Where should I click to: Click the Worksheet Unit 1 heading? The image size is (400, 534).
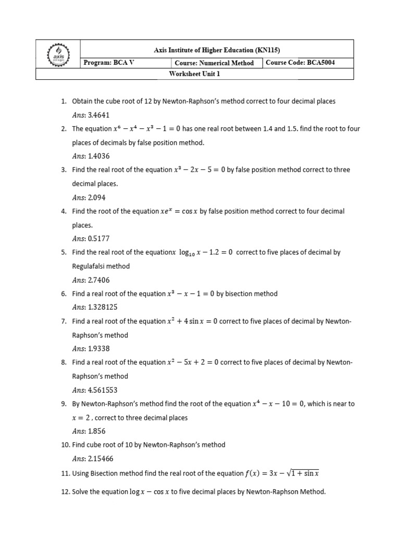[195, 74]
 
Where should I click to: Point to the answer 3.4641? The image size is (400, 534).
[99, 115]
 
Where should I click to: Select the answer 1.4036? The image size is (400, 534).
[99, 156]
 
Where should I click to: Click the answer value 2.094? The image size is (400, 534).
[97, 197]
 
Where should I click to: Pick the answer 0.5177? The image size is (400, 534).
[99, 238]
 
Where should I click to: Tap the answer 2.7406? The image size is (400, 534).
[99, 280]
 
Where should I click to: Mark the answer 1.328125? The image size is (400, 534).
[103, 307]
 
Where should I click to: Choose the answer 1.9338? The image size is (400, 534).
[99, 349]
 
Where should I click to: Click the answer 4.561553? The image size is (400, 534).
[103, 390]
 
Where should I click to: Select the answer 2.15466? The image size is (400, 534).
[101, 459]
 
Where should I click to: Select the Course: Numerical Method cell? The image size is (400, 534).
[215, 63]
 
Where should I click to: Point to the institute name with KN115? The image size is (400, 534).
[216, 50]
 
